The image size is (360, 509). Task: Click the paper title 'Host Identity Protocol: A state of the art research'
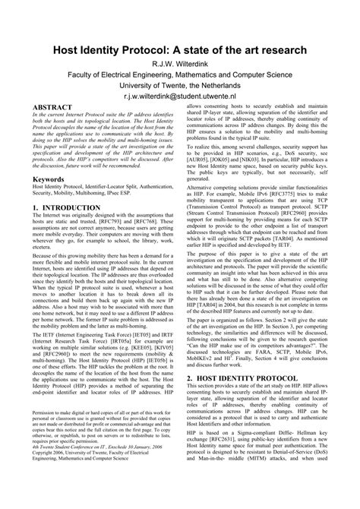(x=179, y=50)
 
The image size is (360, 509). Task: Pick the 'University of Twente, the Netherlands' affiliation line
(x=179, y=87)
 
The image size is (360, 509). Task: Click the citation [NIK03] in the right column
(x=283, y=162)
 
